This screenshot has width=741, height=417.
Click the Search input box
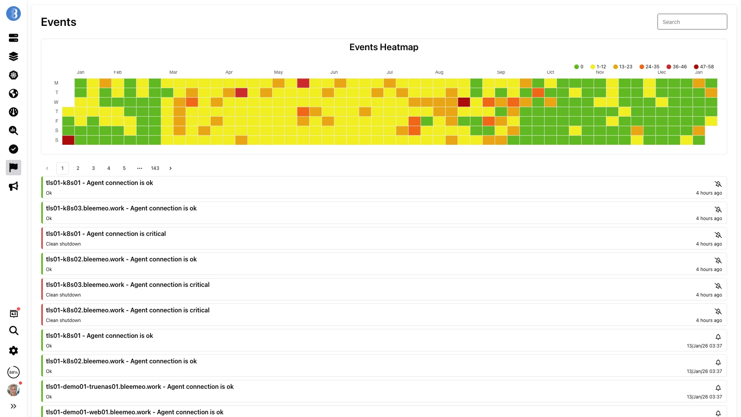[692, 22]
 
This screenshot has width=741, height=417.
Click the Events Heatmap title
[384, 47]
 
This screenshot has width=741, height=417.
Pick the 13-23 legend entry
[623, 67]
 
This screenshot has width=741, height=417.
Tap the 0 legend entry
[579, 67]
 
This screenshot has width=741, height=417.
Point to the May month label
[278, 72]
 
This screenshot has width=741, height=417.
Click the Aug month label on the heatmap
[439, 72]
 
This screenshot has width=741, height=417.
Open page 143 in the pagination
[155, 168]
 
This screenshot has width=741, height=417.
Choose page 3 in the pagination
[93, 168]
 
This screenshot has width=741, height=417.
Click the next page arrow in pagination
[171, 168]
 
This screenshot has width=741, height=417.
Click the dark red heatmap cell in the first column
[68, 140]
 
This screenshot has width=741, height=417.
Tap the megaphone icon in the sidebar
[14, 186]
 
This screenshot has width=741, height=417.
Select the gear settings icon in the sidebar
[14, 351]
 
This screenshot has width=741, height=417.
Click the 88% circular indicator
[14, 372]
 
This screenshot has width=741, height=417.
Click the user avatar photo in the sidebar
[14, 390]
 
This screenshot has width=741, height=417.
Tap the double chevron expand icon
[14, 406]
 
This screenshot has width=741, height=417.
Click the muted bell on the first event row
[718, 184]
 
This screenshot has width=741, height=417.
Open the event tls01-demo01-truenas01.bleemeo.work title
[140, 386]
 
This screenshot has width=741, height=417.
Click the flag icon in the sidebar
[14, 168]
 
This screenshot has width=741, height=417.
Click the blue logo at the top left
[14, 14]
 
